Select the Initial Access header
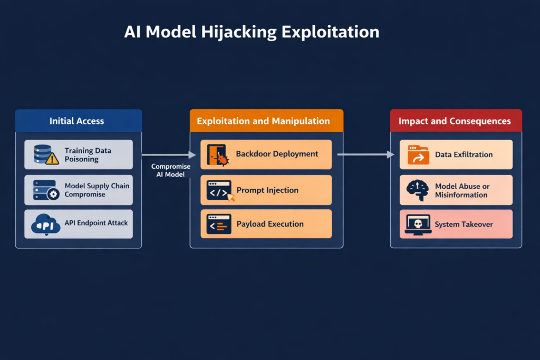[x=77, y=121]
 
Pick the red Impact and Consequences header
[x=455, y=121]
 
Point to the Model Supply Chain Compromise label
[x=97, y=190]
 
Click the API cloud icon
[x=46, y=223]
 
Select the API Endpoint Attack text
[x=96, y=223]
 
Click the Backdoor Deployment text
[x=277, y=154]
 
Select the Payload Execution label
[x=270, y=224]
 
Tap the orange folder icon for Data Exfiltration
[x=418, y=155]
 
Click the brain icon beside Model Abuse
[x=418, y=190]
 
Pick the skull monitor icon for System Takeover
[x=418, y=224]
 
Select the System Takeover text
[x=464, y=224]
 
